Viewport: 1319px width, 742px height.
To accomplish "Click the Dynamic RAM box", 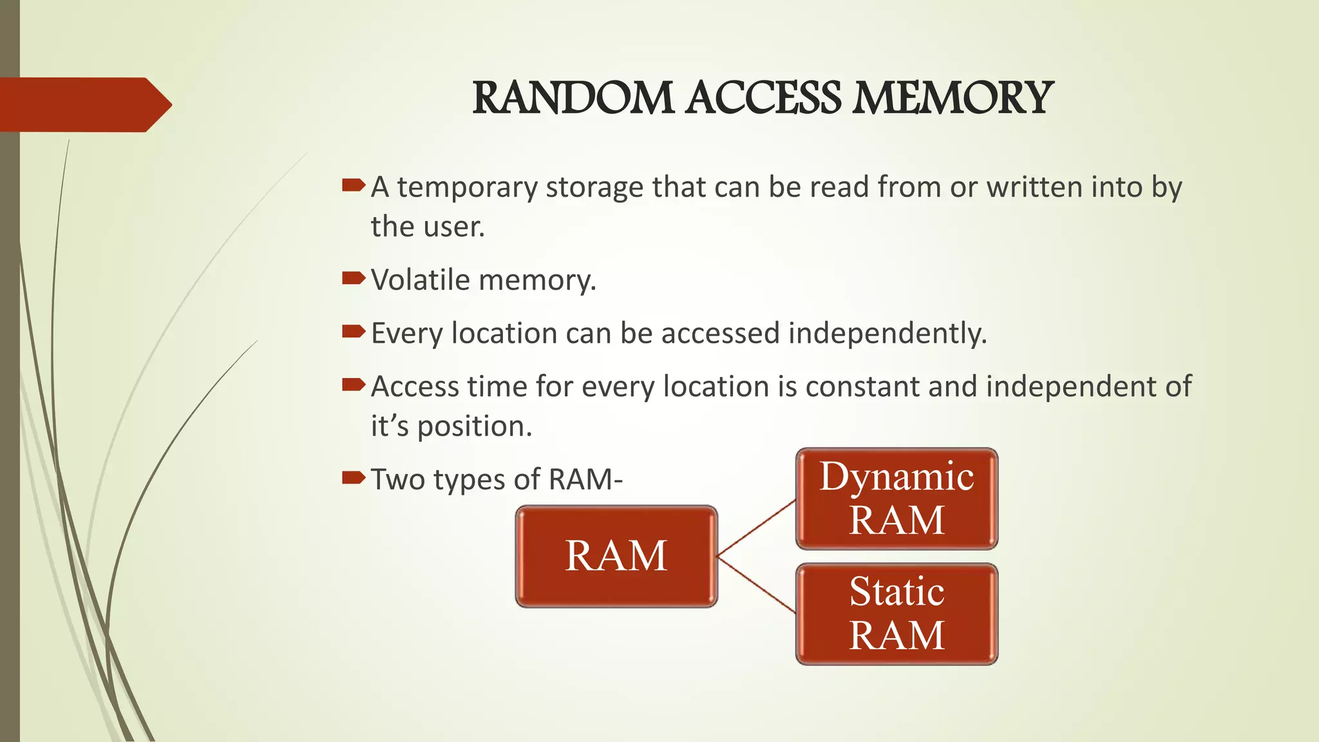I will (x=897, y=499).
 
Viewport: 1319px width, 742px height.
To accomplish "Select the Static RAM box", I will (x=897, y=614).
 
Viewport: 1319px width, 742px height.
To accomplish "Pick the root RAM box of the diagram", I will (x=616, y=556).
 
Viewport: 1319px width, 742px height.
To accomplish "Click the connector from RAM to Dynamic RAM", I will (x=756, y=528).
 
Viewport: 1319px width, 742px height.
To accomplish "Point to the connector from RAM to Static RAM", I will (x=756, y=584).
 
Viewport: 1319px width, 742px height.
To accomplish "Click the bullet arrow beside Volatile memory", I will (x=353, y=279).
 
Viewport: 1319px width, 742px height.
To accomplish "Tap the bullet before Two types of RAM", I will (x=353, y=478).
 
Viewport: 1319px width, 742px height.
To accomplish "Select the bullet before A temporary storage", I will (x=353, y=186).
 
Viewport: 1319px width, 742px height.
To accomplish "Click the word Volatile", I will (x=421, y=280).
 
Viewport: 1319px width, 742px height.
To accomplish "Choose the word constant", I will (x=862, y=386).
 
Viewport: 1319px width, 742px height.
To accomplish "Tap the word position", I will (x=474, y=427).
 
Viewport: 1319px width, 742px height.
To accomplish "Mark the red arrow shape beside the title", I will (x=84, y=104).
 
